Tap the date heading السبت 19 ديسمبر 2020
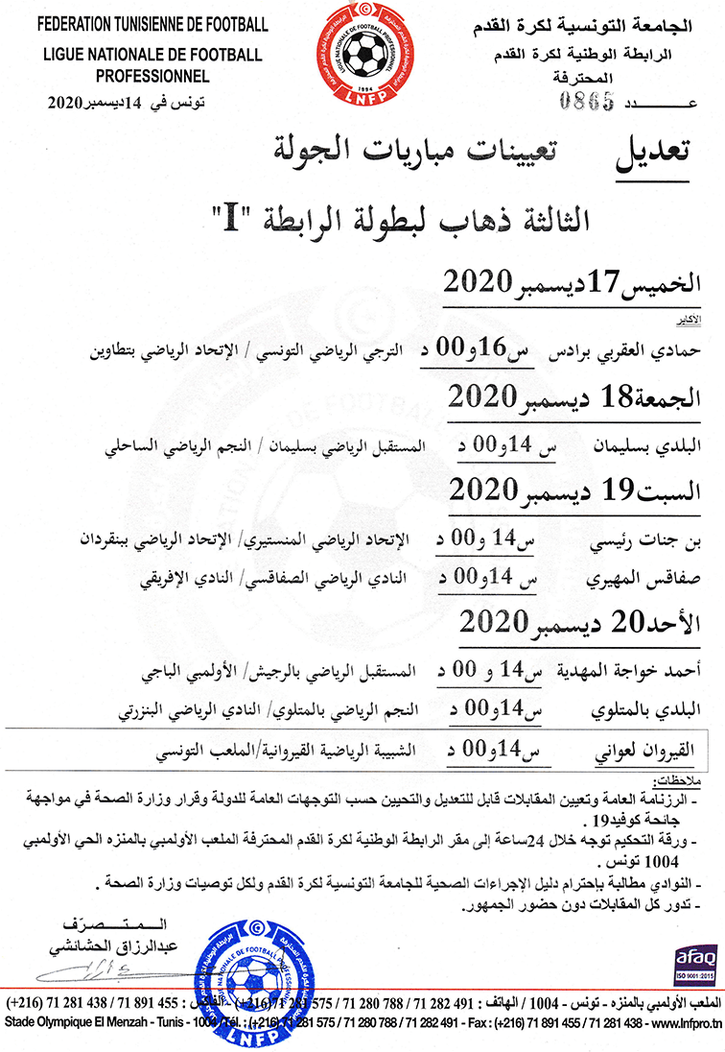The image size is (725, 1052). pos(579,490)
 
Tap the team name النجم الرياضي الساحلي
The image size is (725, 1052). pos(181,447)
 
